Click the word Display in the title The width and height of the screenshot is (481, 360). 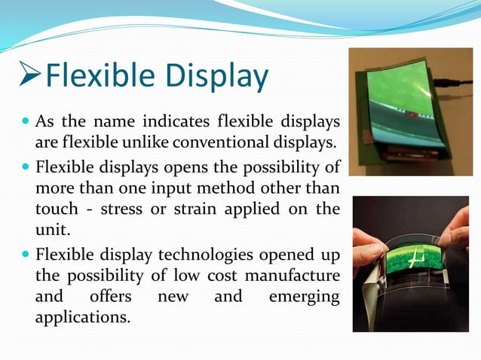[218, 76]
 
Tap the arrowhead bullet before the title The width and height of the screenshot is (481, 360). [29, 77]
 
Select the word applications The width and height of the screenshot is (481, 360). [82, 316]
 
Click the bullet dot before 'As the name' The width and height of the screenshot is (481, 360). [26, 121]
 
